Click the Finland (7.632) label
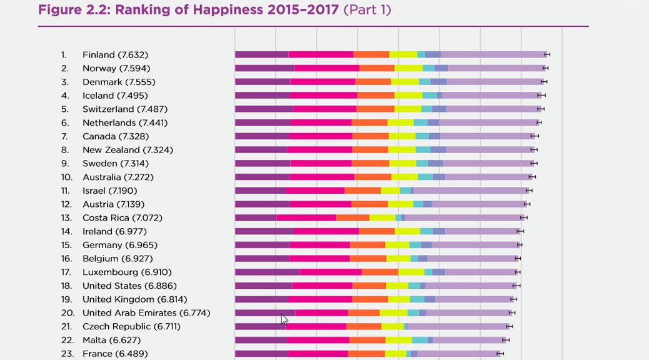[x=115, y=55]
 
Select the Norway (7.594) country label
[x=116, y=68]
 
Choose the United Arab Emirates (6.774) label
[x=146, y=313]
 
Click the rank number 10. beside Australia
[x=68, y=177]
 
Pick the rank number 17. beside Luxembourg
[x=68, y=272]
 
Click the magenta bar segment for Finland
[x=321, y=55]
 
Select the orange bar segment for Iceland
[x=376, y=96]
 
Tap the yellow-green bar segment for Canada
[x=402, y=136]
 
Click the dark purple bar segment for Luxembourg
[x=267, y=272]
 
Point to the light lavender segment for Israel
[x=470, y=191]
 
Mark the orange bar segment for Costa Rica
[x=353, y=218]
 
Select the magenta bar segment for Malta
[x=318, y=340]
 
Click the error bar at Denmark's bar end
[x=544, y=82]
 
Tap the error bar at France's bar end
[x=500, y=354]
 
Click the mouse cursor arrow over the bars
[x=284, y=319]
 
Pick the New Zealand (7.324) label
[x=128, y=150]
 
